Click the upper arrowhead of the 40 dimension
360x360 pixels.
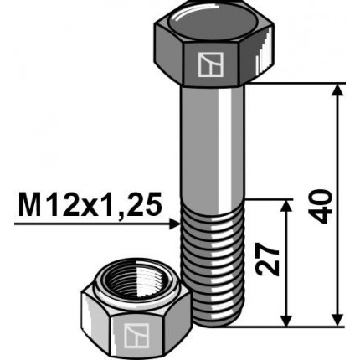pos(337,90)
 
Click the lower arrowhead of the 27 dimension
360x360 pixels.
pos(286,320)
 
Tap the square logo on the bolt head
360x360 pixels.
pos(206,64)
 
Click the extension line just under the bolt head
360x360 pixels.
pos(297,84)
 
